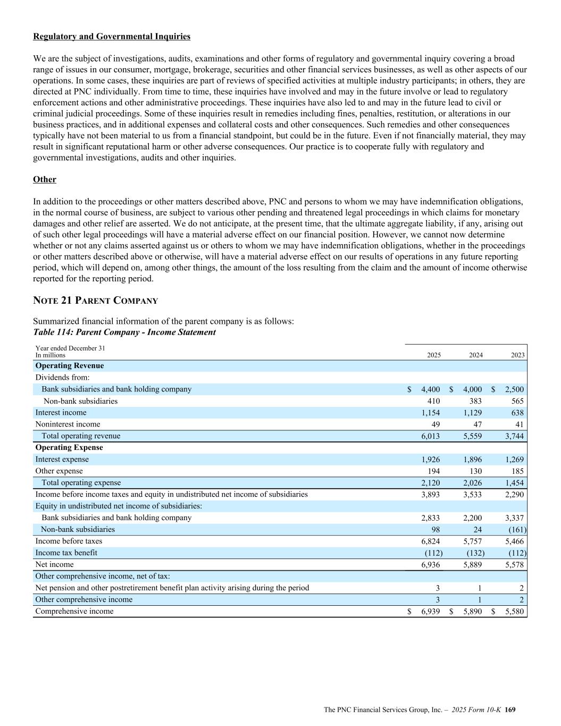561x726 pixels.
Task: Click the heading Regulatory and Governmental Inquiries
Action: tap(112, 37)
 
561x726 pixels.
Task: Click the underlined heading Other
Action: tap(45, 180)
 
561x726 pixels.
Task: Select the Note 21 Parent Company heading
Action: tap(96, 301)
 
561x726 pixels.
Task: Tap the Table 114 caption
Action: tap(124, 332)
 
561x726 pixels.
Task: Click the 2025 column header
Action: tap(433, 355)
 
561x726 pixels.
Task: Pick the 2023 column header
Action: tap(517, 355)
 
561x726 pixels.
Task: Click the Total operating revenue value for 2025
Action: tap(430, 436)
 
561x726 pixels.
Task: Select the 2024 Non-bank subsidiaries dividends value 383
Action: tap(475, 401)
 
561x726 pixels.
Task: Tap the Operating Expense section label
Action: tap(69, 448)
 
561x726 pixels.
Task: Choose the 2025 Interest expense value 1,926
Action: tap(430, 460)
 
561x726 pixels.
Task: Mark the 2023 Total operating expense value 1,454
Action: tap(514, 483)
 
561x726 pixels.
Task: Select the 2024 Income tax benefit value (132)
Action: tap(475, 553)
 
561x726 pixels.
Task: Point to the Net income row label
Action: tap(54, 565)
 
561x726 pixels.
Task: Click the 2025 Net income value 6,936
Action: tap(430, 565)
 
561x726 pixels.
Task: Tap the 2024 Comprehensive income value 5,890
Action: tap(472, 612)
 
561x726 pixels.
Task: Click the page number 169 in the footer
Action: tap(510, 710)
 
